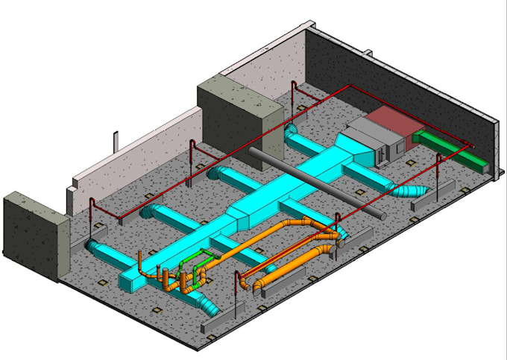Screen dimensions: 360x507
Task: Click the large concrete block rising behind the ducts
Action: click(x=239, y=116)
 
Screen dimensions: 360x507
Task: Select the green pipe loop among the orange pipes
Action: click(x=195, y=268)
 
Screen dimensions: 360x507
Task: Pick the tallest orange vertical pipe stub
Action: click(x=142, y=265)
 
